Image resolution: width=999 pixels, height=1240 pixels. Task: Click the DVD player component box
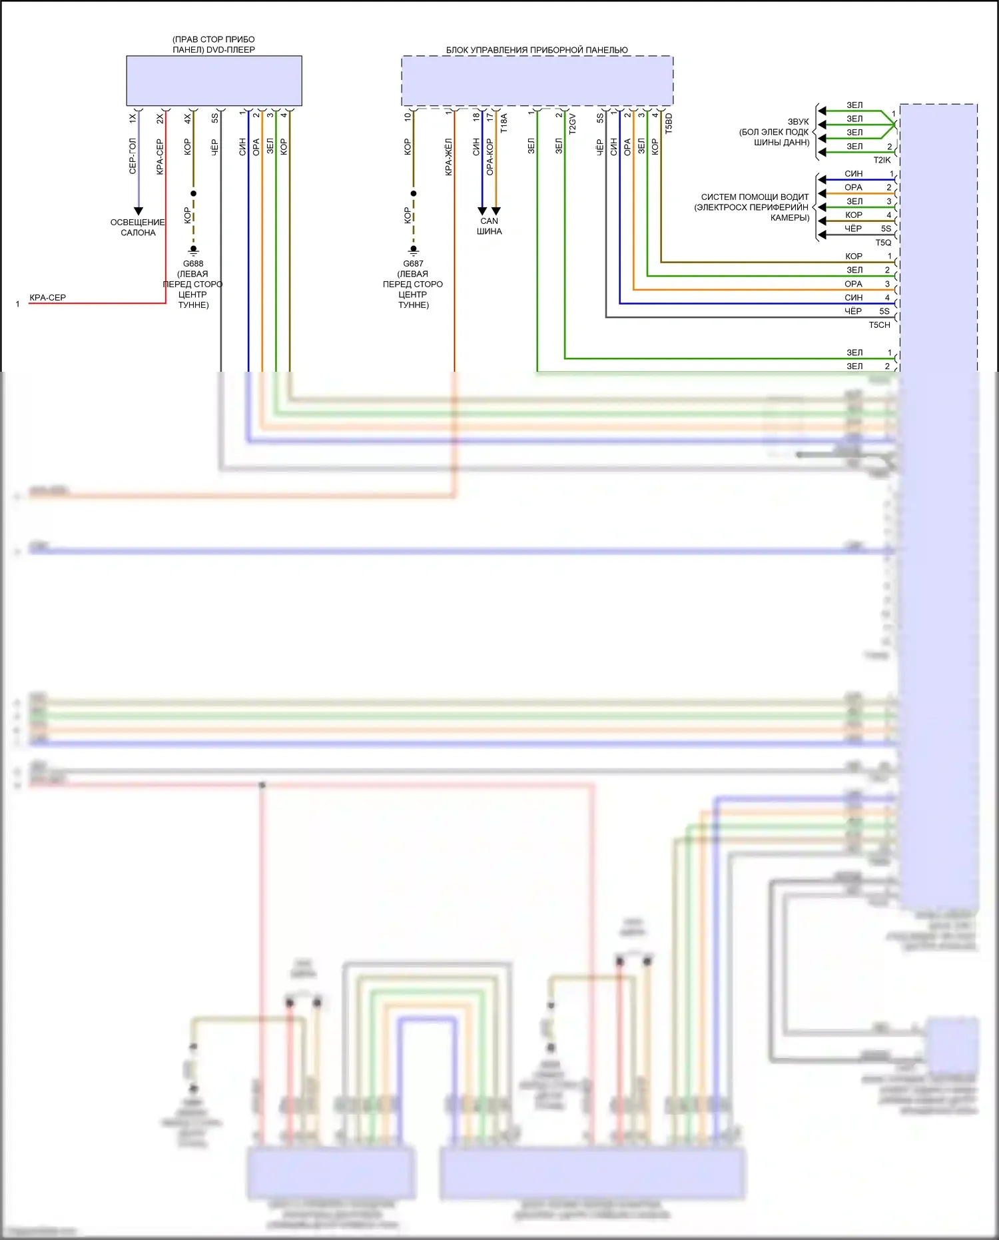tap(214, 81)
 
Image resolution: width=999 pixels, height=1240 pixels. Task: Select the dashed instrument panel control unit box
tap(537, 81)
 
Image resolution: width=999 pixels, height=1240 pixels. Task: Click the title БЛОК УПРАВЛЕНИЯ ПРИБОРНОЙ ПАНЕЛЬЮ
tap(537, 50)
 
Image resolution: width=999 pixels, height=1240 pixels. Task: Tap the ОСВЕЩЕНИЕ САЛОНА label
tap(138, 227)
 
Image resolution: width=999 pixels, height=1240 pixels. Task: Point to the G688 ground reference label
tap(193, 264)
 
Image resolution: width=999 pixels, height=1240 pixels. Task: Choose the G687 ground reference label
tap(413, 264)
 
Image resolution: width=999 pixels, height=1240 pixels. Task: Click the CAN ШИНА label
tap(490, 226)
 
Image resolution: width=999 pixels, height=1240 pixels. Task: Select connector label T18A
tap(504, 123)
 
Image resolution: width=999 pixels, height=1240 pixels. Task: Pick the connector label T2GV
tap(572, 124)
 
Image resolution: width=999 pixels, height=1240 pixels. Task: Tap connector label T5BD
tap(669, 123)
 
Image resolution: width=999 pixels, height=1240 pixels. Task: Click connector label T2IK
tap(882, 160)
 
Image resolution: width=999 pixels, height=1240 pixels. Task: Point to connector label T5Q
tap(883, 243)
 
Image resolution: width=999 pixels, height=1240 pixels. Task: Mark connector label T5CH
tap(879, 325)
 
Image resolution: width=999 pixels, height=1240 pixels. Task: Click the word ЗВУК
tap(798, 122)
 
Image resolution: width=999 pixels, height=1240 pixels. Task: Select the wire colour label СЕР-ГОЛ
tap(133, 157)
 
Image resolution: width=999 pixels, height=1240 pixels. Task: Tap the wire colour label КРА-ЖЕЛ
tap(449, 157)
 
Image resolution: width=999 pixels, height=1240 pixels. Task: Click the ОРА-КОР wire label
tap(490, 157)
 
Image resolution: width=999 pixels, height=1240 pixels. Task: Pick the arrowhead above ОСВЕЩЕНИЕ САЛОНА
tap(139, 211)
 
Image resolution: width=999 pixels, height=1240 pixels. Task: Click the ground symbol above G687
tap(414, 251)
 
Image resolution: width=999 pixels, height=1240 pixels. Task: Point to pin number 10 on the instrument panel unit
tap(408, 117)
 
